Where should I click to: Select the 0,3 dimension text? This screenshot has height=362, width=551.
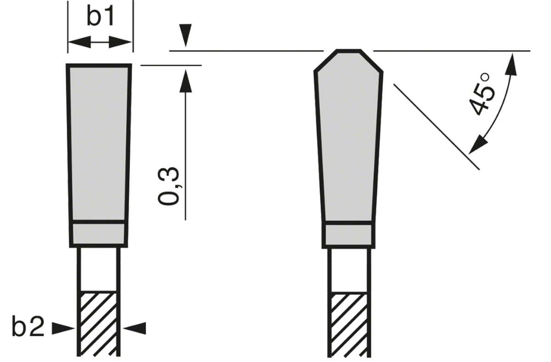pos(169,186)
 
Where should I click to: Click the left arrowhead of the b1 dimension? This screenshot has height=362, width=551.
pos(79,42)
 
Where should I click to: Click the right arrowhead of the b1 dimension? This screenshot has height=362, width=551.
pos(120,42)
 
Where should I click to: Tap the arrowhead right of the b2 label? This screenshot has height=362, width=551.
pos(63,328)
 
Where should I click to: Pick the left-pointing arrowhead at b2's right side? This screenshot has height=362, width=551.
pos(134,328)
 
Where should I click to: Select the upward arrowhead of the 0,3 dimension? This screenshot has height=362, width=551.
pos(186,81)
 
